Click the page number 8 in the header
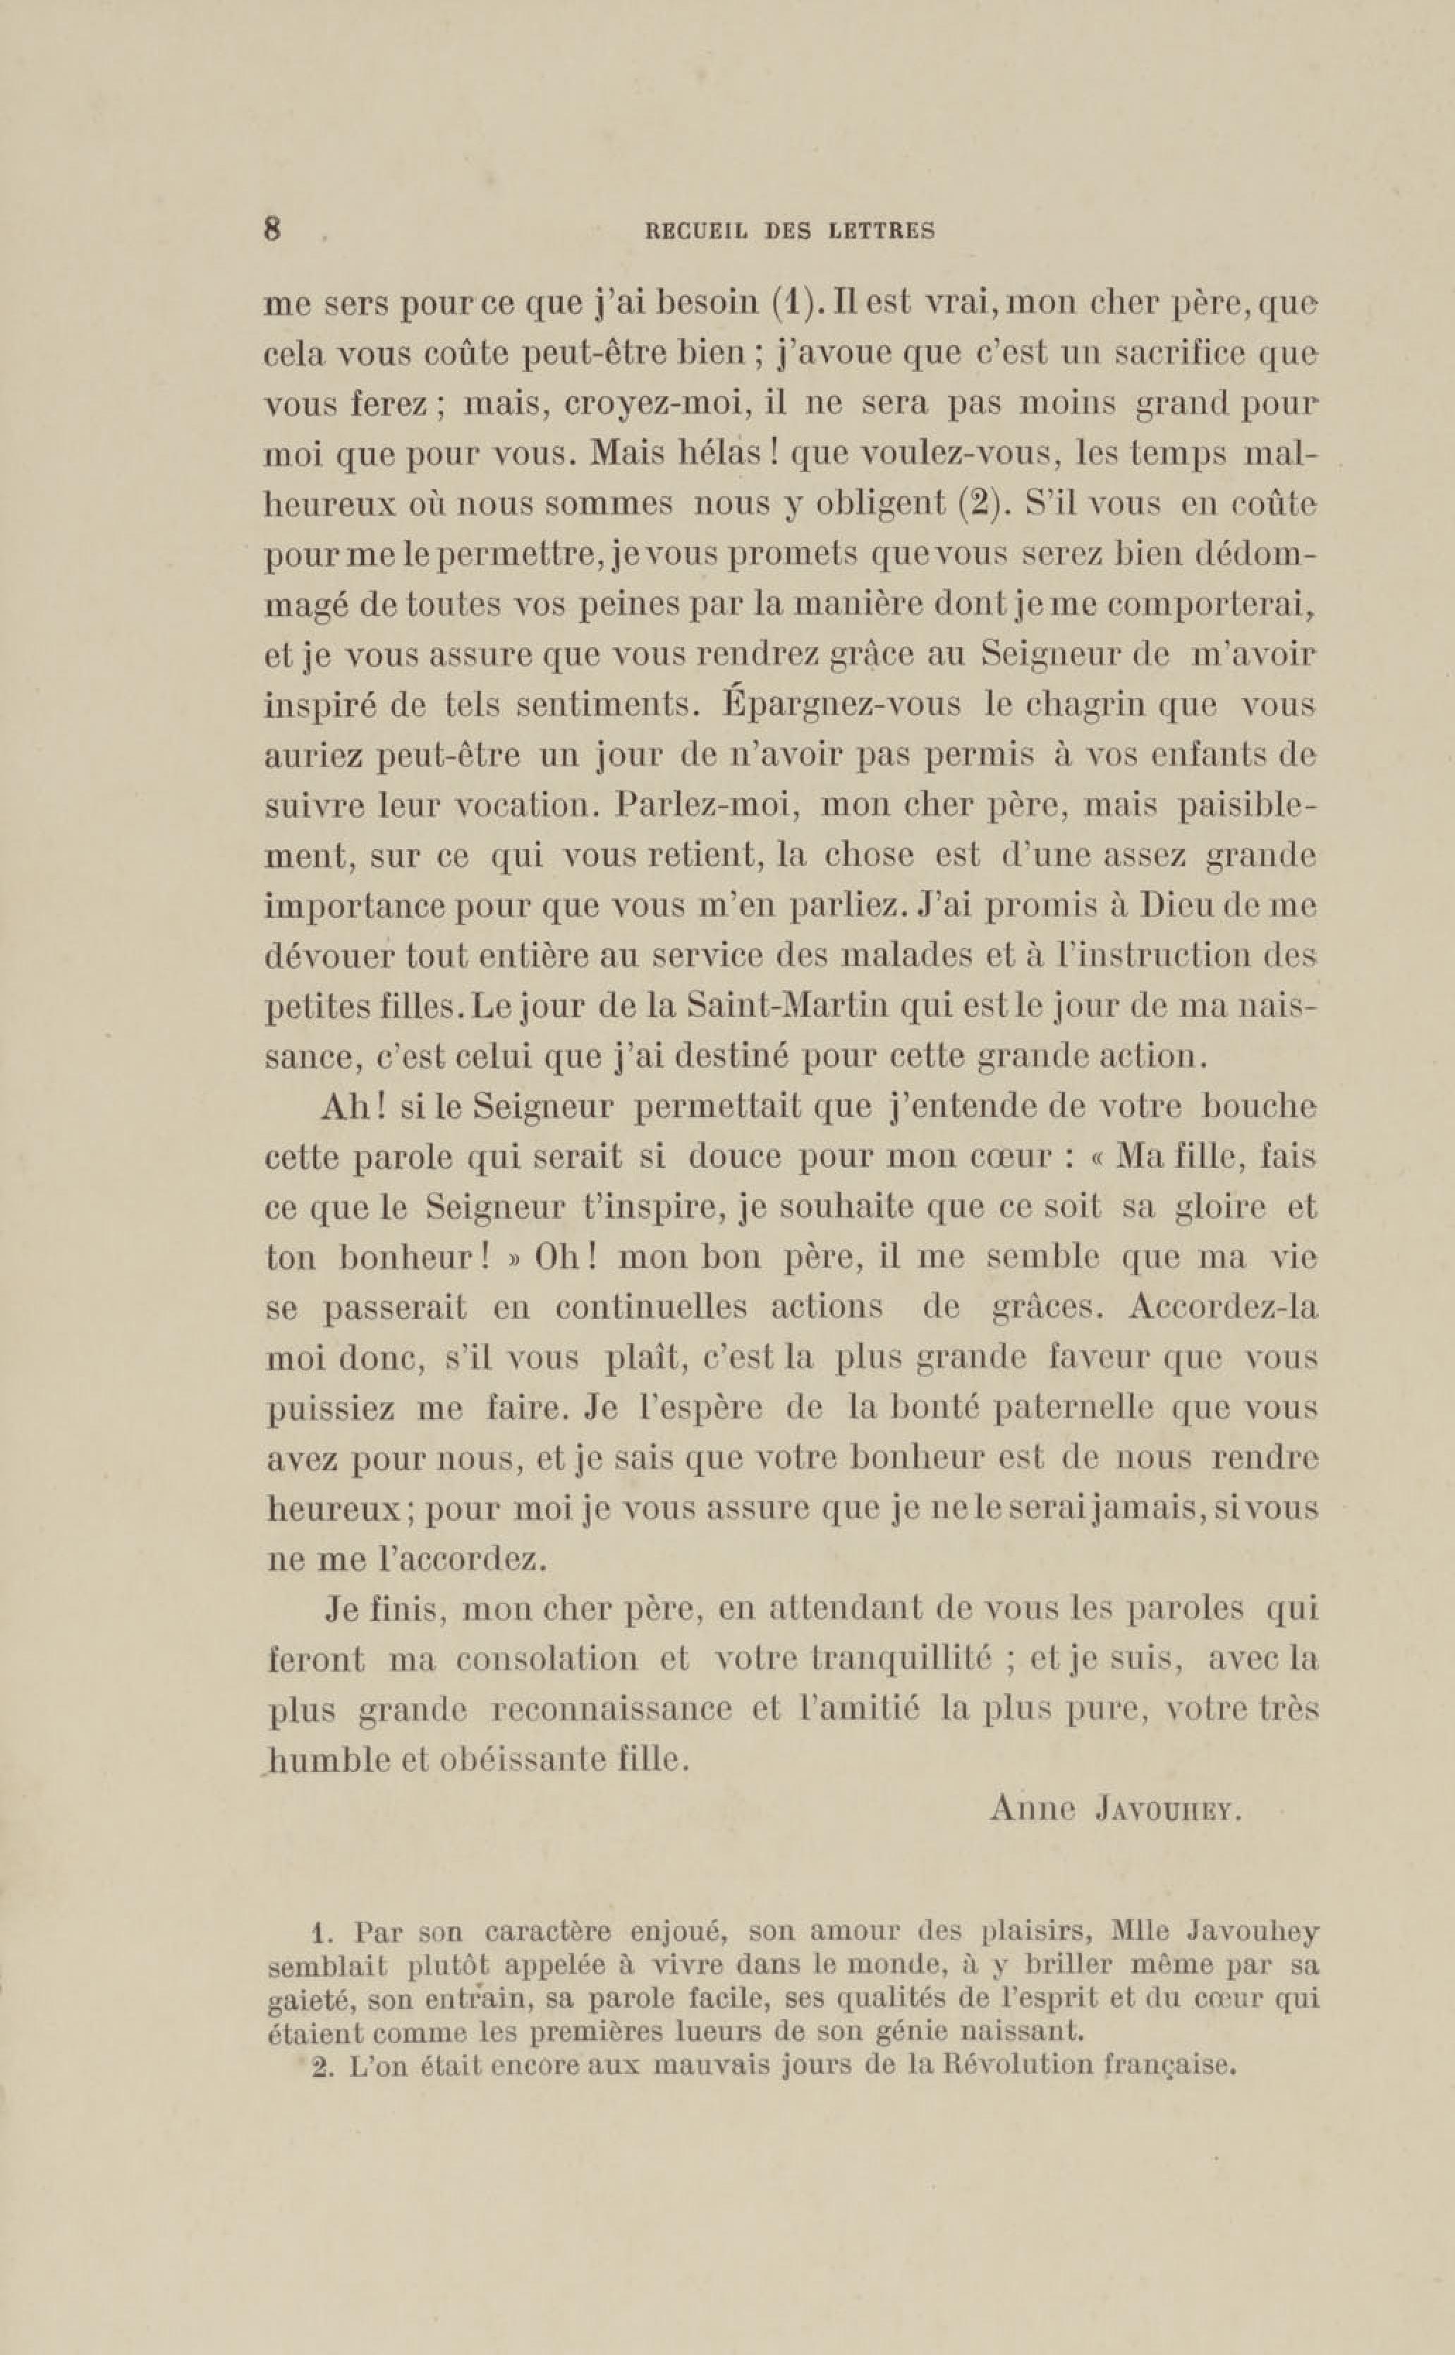point(272,229)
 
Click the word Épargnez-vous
point(842,704)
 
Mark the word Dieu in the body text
point(1193,906)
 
